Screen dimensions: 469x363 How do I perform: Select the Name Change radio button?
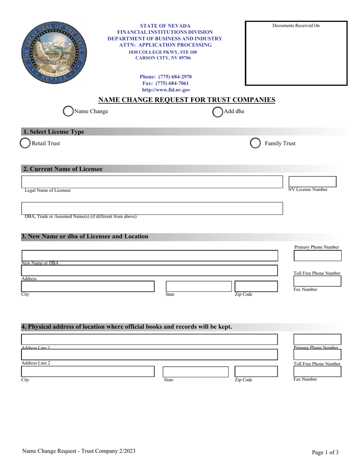[x=68, y=111]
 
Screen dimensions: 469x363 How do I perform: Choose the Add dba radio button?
[x=217, y=111]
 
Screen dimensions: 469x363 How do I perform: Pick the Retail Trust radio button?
[x=25, y=143]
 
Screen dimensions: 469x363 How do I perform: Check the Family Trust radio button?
[x=255, y=143]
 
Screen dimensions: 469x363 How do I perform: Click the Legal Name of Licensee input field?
[x=152, y=182]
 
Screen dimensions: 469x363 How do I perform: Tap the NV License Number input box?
[x=312, y=181]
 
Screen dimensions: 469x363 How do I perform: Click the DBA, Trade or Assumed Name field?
[x=152, y=209]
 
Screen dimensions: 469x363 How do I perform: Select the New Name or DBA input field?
[x=149, y=256]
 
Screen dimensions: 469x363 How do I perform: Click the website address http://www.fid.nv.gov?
[x=166, y=90]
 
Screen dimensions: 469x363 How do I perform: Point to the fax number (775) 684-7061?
[x=165, y=83]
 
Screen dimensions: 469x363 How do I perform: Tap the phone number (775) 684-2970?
[x=165, y=76]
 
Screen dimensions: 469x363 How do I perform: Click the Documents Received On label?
[x=296, y=26]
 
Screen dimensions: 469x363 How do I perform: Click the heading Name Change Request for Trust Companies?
[x=187, y=100]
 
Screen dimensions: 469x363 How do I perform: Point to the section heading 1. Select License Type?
[x=53, y=132]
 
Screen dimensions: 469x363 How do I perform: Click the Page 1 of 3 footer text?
[x=325, y=453]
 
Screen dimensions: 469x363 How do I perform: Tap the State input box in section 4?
[x=196, y=372]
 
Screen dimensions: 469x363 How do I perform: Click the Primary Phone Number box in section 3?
[x=317, y=256]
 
